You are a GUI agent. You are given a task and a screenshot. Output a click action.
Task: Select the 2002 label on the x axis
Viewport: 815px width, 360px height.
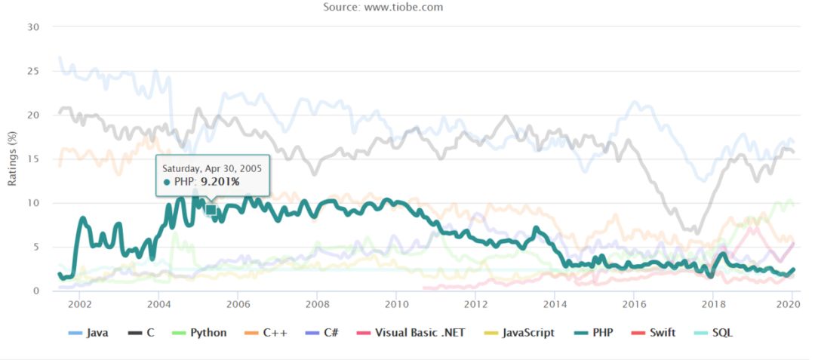[x=79, y=304]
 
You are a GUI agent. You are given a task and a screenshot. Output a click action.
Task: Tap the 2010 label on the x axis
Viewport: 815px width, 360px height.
[x=395, y=304]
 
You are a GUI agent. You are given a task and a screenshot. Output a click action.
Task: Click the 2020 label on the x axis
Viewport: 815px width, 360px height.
[x=787, y=304]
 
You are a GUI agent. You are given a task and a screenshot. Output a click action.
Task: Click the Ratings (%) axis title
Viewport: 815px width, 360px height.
[x=13, y=158]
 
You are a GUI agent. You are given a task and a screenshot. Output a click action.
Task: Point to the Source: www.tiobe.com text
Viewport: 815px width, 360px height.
[x=383, y=8]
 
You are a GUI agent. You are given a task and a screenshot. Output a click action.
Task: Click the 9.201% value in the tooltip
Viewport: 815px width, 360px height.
[x=218, y=182]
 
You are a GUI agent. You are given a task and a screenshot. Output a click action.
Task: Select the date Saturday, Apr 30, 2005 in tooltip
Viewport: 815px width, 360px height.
[x=212, y=168]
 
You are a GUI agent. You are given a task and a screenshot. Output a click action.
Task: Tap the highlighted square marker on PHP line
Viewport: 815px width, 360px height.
[x=211, y=210]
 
